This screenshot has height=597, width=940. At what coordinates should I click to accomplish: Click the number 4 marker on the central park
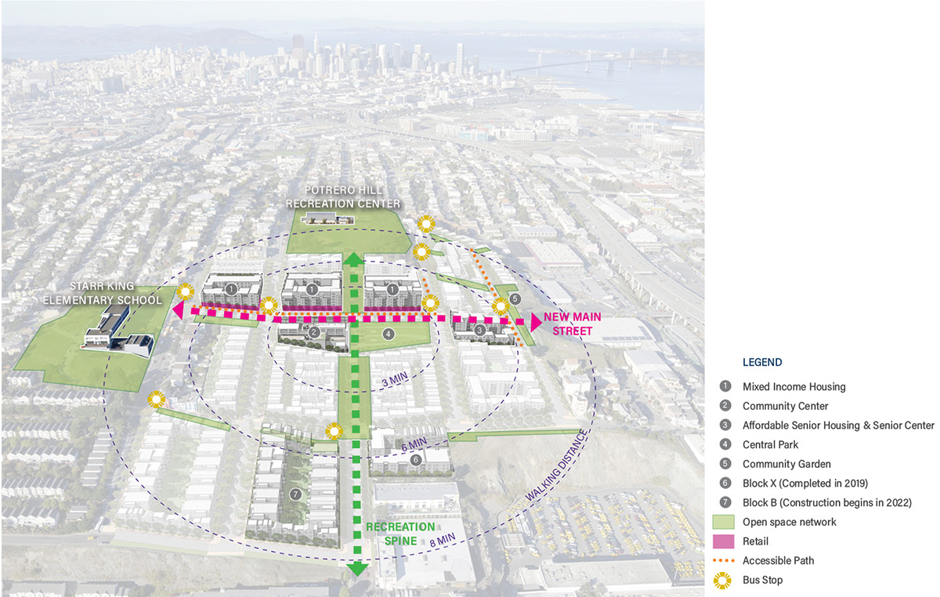[387, 334]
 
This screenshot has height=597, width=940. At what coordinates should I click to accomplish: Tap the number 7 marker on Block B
[295, 494]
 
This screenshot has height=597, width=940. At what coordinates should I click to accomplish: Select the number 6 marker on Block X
[416, 460]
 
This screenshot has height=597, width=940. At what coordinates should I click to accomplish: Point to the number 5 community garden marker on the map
[514, 298]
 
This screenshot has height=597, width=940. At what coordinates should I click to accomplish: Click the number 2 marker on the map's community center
[313, 333]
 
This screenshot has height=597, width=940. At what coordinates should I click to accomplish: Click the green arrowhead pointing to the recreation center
[354, 259]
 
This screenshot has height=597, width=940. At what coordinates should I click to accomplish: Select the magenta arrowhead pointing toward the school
[178, 311]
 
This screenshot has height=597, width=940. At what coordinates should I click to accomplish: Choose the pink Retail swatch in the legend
[725, 541]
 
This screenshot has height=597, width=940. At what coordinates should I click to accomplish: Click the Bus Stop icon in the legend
[725, 580]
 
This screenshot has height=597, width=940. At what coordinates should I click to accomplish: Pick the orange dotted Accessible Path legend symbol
[725, 561]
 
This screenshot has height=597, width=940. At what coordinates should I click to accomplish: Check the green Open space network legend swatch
[725, 522]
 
